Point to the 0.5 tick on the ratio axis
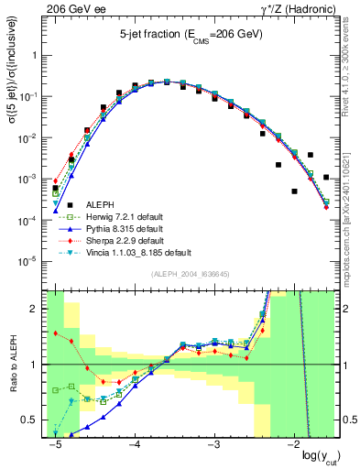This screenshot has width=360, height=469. [x=35, y=420]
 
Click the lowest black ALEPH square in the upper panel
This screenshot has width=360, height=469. [x=295, y=191]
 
